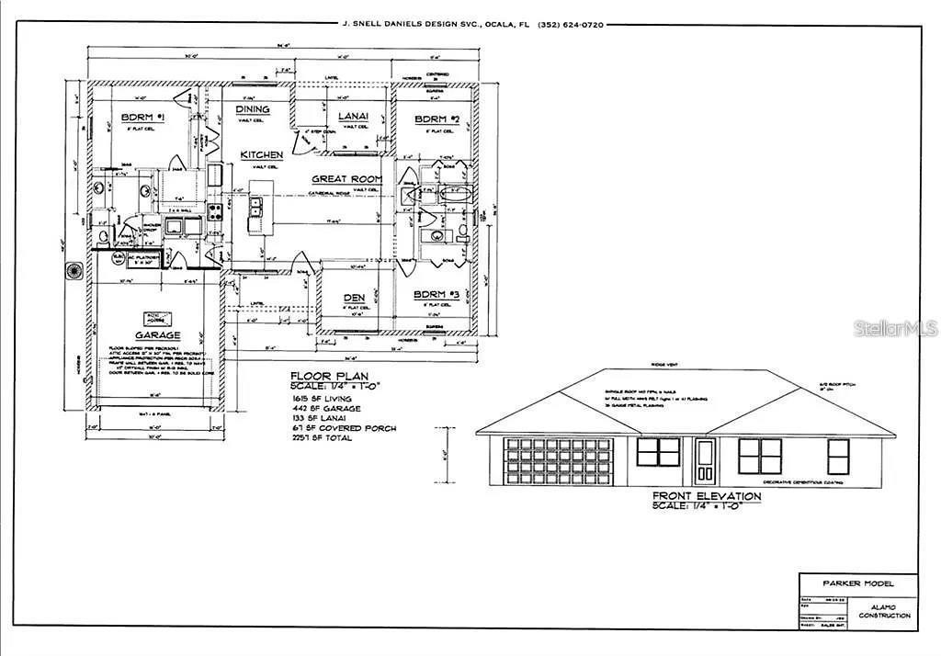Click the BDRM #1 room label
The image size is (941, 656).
pyautogui.click(x=142, y=118)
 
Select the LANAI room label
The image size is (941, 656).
pyautogui.click(x=353, y=116)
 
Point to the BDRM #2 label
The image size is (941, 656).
pyautogui.click(x=436, y=119)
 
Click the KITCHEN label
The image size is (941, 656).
pyautogui.click(x=261, y=155)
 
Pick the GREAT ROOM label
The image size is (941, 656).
pyautogui.click(x=346, y=179)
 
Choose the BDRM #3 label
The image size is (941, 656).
pyautogui.click(x=436, y=294)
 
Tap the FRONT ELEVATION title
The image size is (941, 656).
pyautogui.click(x=706, y=496)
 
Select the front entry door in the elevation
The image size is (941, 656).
pyautogui.click(x=705, y=460)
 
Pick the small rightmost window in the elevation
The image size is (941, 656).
pyautogui.click(x=838, y=456)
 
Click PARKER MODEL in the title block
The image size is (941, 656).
pyautogui.click(x=856, y=583)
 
